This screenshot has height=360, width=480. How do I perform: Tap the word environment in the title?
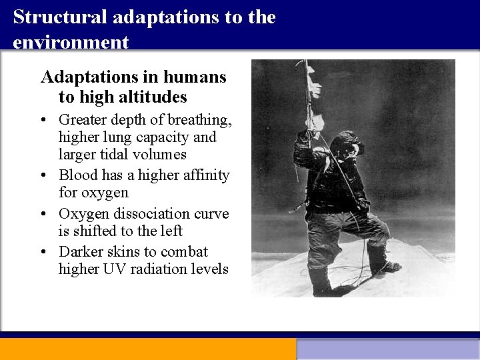(x=71, y=43)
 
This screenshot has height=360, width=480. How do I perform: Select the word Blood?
(x=78, y=175)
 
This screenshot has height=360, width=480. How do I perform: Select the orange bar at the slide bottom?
(x=147, y=349)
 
